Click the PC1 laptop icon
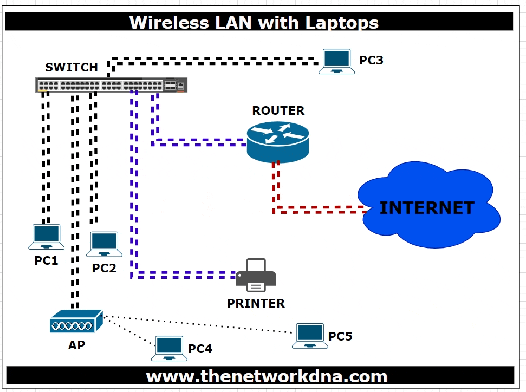[x=46, y=237]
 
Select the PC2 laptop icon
[x=105, y=244]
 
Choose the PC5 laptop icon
[x=310, y=336]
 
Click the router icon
[x=277, y=139]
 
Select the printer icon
[x=256, y=276]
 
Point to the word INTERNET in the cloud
[x=426, y=208]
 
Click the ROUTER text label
[x=278, y=111]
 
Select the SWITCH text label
[x=72, y=68]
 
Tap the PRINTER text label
[x=256, y=303]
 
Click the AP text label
[x=76, y=345]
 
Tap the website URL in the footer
[x=267, y=376]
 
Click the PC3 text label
[x=371, y=60]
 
